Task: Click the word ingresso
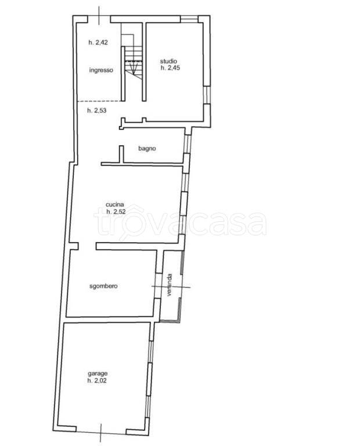[101, 70]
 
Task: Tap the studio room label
[168, 61]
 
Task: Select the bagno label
[147, 149]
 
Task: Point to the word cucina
[114, 204]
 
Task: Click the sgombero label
[103, 286]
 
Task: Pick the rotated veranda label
[170, 285]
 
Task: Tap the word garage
[98, 374]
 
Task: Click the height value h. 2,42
[98, 42]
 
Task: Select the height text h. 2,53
[97, 110]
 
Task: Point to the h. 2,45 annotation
[170, 68]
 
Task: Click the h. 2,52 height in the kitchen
[116, 211]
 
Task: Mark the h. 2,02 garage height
[97, 380]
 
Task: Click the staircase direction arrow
[133, 67]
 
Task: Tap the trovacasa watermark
[180, 222]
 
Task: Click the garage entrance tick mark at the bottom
[101, 432]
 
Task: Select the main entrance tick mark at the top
[99, 15]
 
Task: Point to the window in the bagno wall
[187, 144]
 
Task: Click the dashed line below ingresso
[99, 101]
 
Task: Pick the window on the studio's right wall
[207, 95]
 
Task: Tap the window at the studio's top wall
[189, 19]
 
